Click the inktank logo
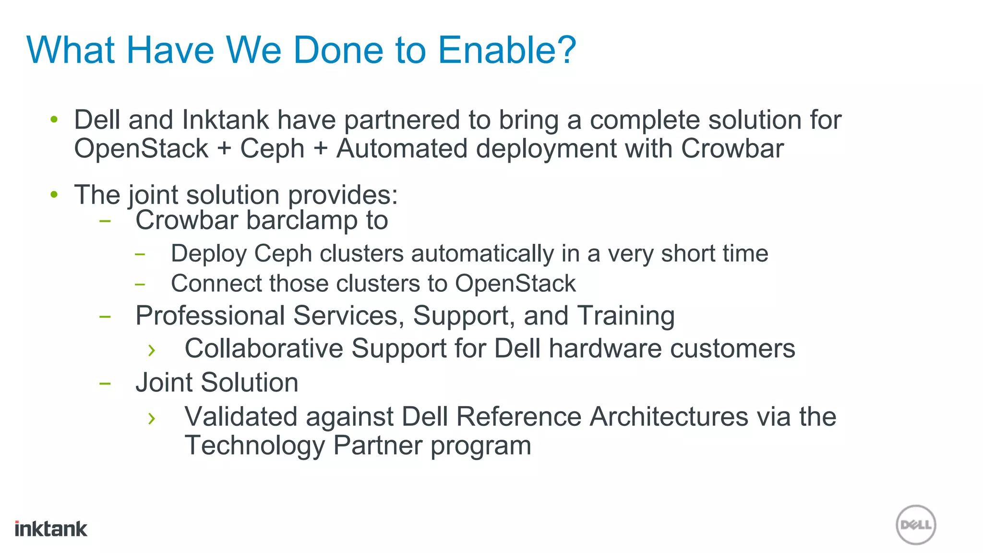[51, 529]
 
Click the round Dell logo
[916, 525]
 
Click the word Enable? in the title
[507, 50]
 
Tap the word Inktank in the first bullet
[226, 120]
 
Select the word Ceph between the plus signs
[272, 149]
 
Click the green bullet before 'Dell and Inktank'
[54, 119]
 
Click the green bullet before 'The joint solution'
[54, 194]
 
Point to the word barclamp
[302, 220]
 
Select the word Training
[625, 316]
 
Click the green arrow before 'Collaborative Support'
[152, 350]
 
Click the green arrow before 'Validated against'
[152, 418]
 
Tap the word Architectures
[669, 417]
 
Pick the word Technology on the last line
[255, 445]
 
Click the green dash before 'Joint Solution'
[105, 384]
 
